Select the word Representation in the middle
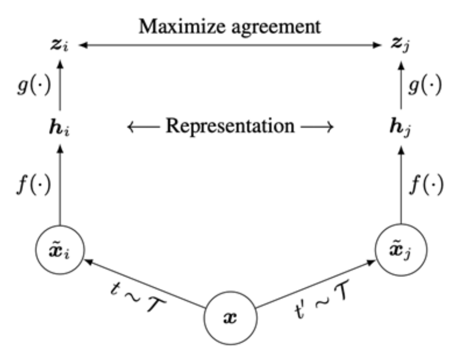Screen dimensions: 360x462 tap(230, 127)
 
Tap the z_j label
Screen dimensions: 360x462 tap(401, 45)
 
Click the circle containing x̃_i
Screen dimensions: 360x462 tap(60, 250)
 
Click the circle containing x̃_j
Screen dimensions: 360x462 tap(401, 250)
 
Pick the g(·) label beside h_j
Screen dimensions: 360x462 tap(426, 86)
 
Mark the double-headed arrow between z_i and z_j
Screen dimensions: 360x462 tap(231, 45)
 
